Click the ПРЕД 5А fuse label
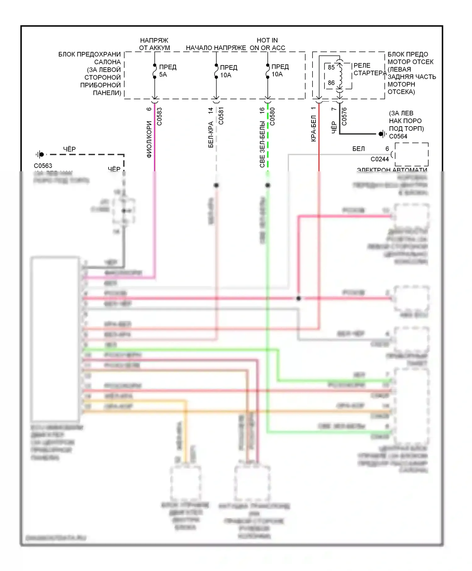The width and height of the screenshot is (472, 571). point(167,71)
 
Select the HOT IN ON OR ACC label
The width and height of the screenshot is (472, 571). point(267,44)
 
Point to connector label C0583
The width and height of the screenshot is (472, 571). point(160,116)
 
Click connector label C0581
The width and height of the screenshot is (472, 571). point(221,116)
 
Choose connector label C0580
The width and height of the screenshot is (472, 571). point(273,116)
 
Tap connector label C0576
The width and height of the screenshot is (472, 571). point(344,116)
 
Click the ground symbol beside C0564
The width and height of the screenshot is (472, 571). point(382,134)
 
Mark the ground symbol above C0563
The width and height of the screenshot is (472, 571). point(40,155)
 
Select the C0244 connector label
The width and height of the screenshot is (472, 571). point(379,159)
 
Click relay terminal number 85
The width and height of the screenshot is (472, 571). point(331,67)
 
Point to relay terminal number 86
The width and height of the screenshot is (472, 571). point(331,83)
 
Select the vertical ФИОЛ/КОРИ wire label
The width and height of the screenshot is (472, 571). point(149,139)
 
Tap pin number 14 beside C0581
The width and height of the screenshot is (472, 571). point(211,110)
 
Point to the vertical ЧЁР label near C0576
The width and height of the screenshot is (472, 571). point(334,127)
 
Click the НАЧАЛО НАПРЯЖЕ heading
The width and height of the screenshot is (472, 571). point(216,48)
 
